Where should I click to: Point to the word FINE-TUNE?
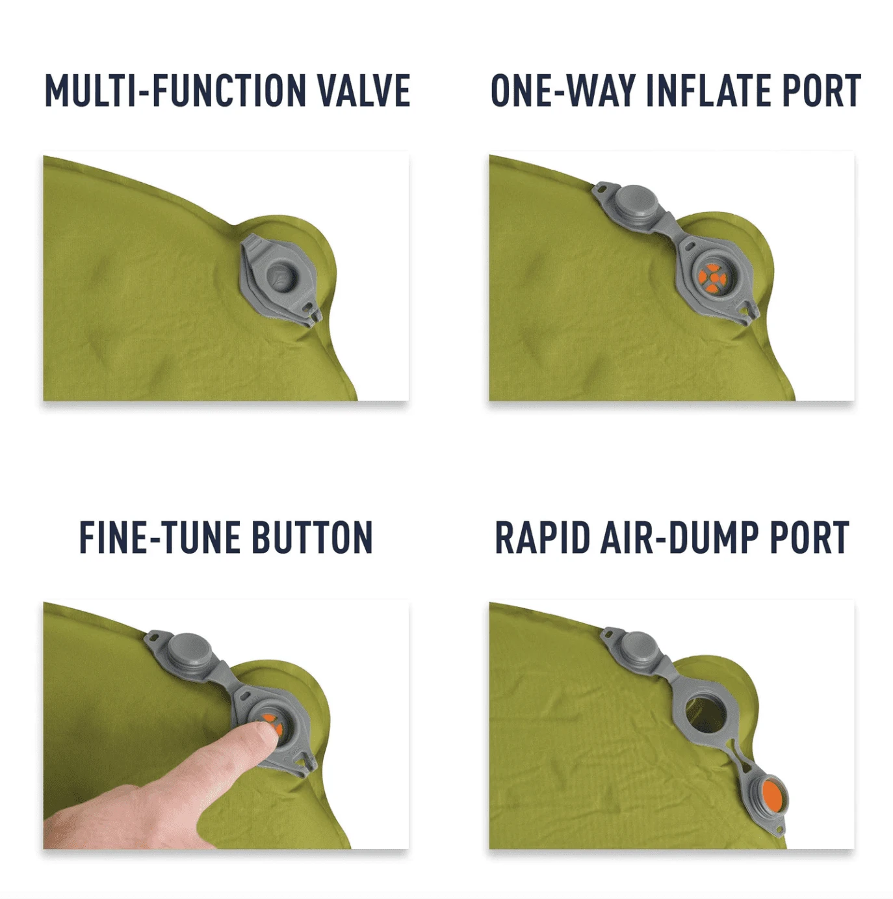(159, 537)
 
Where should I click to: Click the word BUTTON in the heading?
(313, 537)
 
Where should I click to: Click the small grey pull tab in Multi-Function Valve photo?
(315, 316)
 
